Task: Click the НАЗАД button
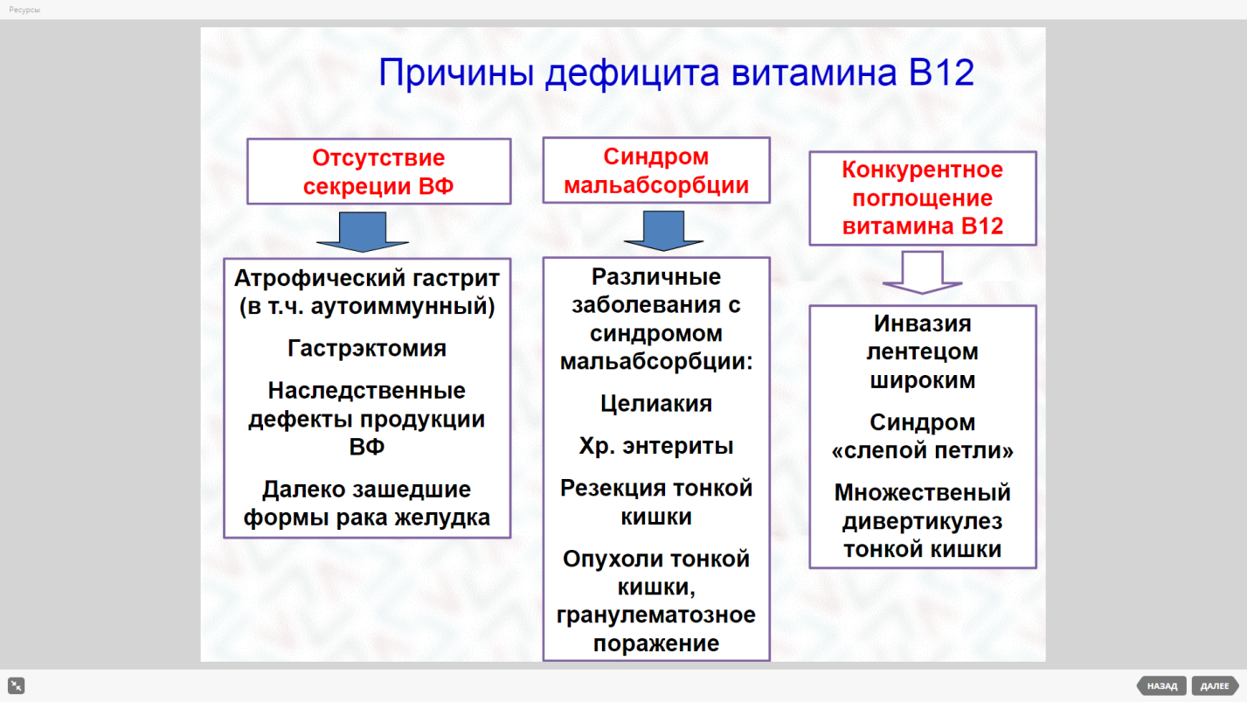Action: pos(1162,686)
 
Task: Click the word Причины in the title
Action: pos(456,73)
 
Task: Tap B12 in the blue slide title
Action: pos(941,73)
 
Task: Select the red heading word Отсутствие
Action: pos(378,157)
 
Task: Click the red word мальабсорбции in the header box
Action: pos(656,185)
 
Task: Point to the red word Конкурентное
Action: pos(923,170)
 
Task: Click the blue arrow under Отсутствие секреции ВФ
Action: pos(363,232)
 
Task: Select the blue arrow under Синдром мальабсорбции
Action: pos(663,231)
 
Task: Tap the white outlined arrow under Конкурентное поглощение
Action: pos(923,273)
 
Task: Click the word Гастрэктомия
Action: pos(367,348)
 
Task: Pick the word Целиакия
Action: pos(656,404)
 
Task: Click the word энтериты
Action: pos(678,446)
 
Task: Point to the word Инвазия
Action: pos(923,323)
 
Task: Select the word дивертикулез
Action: pos(923,522)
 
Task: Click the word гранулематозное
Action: pos(656,615)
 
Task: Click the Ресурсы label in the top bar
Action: pos(24,10)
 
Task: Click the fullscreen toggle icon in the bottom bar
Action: pos(16,685)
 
